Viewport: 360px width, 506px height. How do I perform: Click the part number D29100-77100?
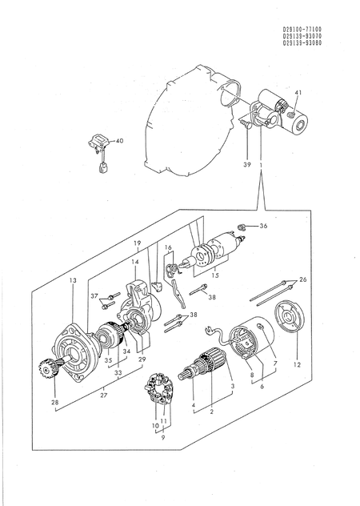(302, 30)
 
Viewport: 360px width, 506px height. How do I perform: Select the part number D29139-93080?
(302, 43)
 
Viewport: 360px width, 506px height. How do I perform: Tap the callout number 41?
(298, 93)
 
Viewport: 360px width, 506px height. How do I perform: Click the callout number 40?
(120, 141)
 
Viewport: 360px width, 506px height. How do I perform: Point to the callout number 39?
(247, 165)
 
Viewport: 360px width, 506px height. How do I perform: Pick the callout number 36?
(263, 226)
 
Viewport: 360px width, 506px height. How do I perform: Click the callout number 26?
(303, 279)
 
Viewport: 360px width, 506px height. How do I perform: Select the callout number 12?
(297, 365)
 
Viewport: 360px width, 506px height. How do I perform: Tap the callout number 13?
(73, 280)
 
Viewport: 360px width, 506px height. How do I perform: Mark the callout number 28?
(55, 402)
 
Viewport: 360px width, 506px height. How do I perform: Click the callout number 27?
(104, 395)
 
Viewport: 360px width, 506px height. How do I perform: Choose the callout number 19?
(138, 243)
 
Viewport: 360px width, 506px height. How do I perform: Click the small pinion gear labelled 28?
(46, 369)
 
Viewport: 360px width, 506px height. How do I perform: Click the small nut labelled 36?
(242, 227)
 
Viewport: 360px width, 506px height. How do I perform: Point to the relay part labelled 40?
(99, 151)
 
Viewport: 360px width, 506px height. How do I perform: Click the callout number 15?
(215, 275)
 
